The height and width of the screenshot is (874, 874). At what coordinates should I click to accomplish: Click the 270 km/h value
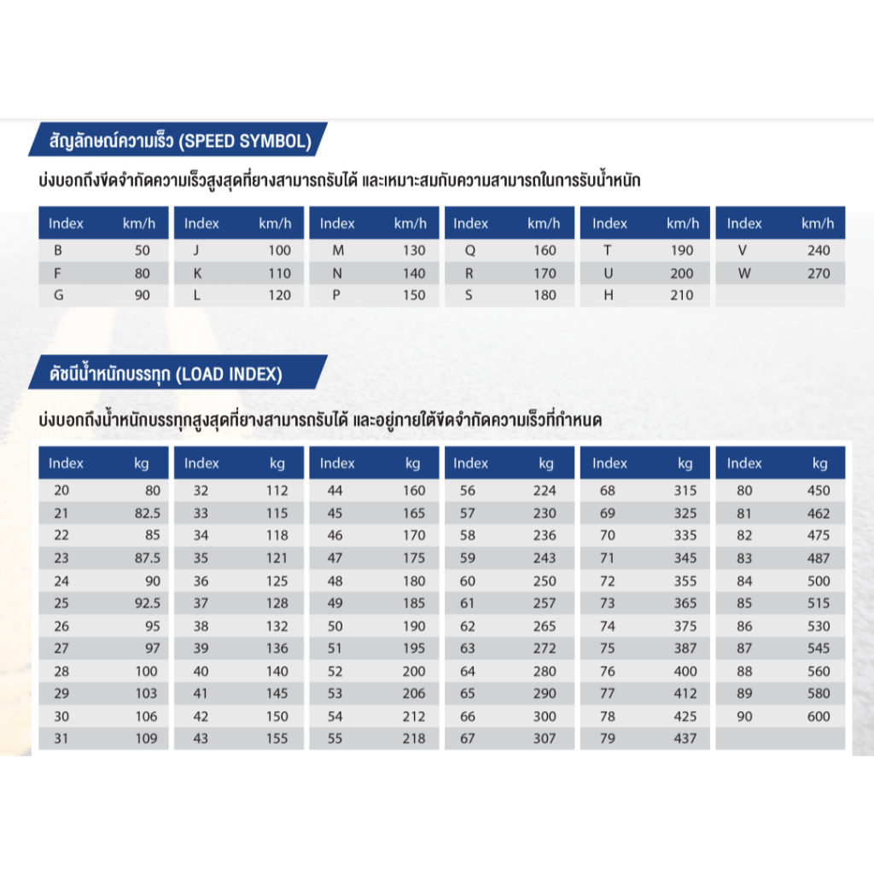pyautogui.click(x=818, y=273)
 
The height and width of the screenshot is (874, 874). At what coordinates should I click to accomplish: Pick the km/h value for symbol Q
pyautogui.click(x=544, y=251)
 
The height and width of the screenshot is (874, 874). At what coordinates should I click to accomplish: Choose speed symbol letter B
pyautogui.click(x=58, y=251)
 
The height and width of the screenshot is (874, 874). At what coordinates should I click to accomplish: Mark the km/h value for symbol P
pyautogui.click(x=413, y=295)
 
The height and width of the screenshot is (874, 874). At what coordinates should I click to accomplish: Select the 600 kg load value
pyautogui.click(x=818, y=716)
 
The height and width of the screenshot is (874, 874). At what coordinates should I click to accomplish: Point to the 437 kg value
pyautogui.click(x=685, y=738)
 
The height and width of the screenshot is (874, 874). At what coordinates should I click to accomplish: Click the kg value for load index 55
pyautogui.click(x=413, y=738)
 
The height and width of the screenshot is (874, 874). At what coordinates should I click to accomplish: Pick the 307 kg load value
pyautogui.click(x=544, y=738)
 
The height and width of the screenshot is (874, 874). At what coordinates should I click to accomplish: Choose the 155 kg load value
pyautogui.click(x=277, y=738)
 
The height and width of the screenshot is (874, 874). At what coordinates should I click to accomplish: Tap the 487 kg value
pyautogui.click(x=818, y=558)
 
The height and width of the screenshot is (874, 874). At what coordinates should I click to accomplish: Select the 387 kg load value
pyautogui.click(x=685, y=649)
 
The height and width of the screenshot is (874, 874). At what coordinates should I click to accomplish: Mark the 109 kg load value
pyautogui.click(x=146, y=738)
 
